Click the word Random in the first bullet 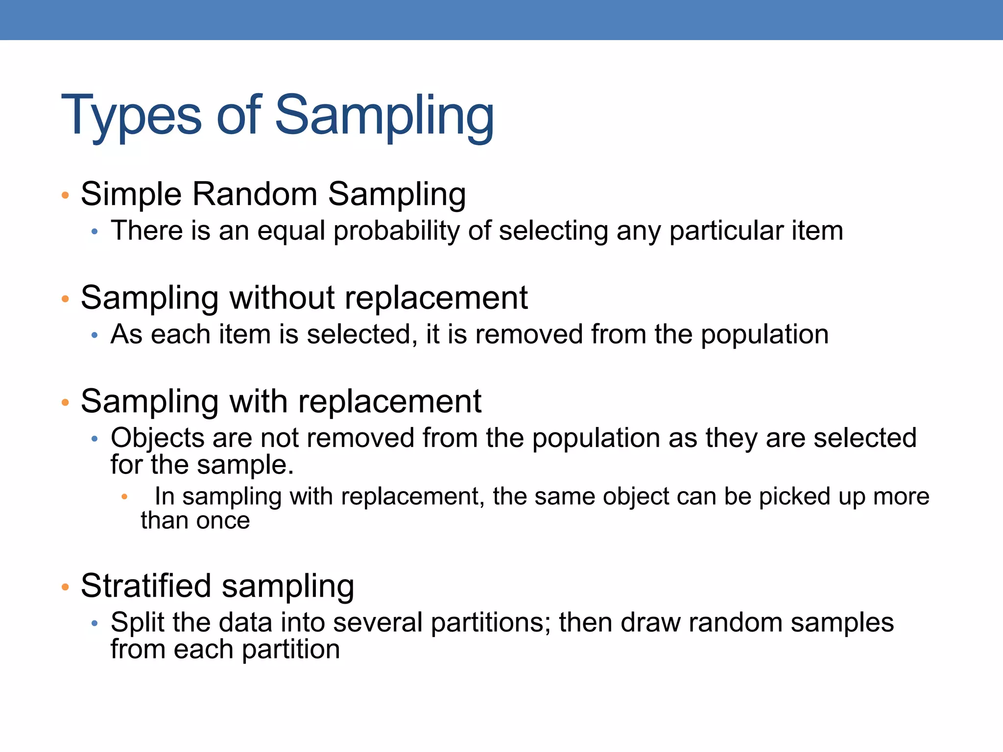tap(255, 194)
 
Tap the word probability tap(396, 231)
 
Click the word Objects tap(157, 438)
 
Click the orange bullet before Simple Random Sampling tap(65, 195)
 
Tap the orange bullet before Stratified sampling tap(65, 587)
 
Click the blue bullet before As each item tap(95, 335)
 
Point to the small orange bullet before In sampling tap(124, 497)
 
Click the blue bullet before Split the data tap(95, 624)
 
